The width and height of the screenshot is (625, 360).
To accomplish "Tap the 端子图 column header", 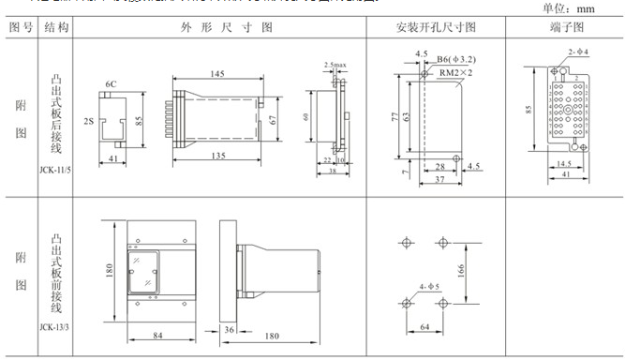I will [562, 28].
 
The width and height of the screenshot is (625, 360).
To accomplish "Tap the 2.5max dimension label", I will [334, 65].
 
